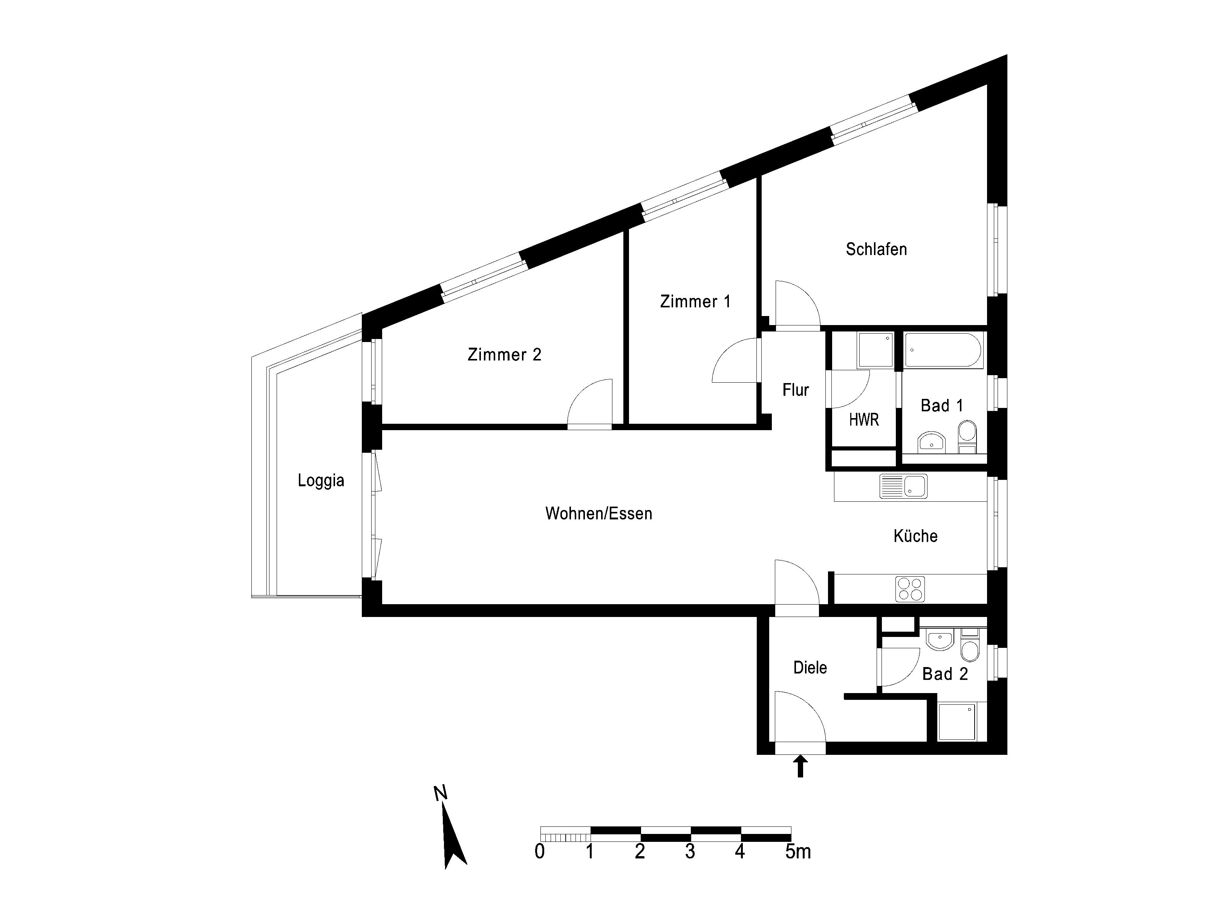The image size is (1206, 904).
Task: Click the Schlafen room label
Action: tap(876, 249)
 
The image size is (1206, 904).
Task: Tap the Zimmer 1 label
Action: tap(695, 301)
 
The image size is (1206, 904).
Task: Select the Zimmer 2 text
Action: tap(504, 355)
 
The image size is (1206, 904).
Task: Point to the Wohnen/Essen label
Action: tap(598, 513)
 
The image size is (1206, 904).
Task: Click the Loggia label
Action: tap(321, 481)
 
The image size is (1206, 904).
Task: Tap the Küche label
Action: tap(915, 536)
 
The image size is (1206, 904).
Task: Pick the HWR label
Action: tap(864, 420)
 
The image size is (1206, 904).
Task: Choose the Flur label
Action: tap(796, 389)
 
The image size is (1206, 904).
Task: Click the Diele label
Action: tap(810, 667)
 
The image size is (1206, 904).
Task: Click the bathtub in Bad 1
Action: tap(943, 350)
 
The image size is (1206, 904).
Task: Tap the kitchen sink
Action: tap(903, 486)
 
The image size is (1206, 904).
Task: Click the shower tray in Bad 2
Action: tap(957, 721)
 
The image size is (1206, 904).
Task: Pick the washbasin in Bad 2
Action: tap(940, 640)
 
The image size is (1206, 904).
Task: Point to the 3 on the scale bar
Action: tap(690, 852)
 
